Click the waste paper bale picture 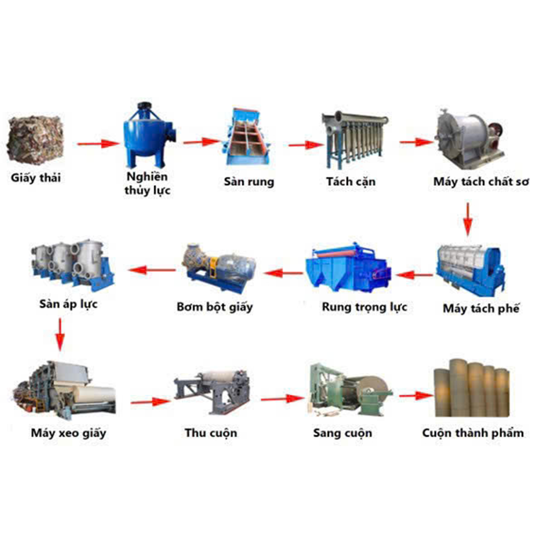36,139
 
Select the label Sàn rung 249,182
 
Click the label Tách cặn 351,182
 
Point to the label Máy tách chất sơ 481,182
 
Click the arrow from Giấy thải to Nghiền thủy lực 98,143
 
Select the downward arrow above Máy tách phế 468,219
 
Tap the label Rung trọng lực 364,307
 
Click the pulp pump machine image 218,268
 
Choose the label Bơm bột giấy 214,307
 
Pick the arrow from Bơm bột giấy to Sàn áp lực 152,270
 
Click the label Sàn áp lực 68,304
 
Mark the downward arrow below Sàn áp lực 60,335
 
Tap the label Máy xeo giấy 68,433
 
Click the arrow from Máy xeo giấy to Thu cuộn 151,402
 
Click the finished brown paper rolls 472,388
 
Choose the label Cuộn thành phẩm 473,433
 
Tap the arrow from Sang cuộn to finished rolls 416,395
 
